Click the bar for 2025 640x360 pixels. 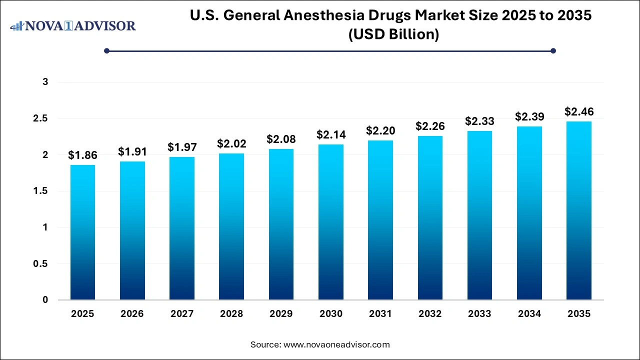pyautogui.click(x=82, y=232)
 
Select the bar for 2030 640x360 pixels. pyautogui.click(x=331, y=222)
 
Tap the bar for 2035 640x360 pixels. pyautogui.click(x=579, y=210)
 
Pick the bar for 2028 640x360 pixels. pyautogui.click(x=231, y=226)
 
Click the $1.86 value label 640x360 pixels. pyautogui.click(x=82, y=155)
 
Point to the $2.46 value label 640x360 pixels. pyautogui.click(x=579, y=111)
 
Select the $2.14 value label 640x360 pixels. pyautogui.click(x=331, y=134)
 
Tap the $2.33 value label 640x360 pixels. pyautogui.click(x=479, y=121)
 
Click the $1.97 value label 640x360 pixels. pyautogui.click(x=182, y=147)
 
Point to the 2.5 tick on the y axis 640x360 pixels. pyautogui.click(x=41, y=118)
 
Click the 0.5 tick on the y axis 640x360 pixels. pyautogui.click(x=41, y=264)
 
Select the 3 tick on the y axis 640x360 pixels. pyautogui.click(x=45, y=82)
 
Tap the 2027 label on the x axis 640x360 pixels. pyautogui.click(x=182, y=314)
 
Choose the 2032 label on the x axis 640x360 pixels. pyautogui.click(x=430, y=314)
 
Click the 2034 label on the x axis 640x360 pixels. pyautogui.click(x=529, y=314)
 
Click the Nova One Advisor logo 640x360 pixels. pyautogui.click(x=73, y=25)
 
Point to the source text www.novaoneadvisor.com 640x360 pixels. pyautogui.click(x=336, y=344)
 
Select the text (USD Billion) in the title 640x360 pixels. pyautogui.click(x=390, y=35)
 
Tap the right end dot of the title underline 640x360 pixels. pyautogui.click(x=553, y=50)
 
